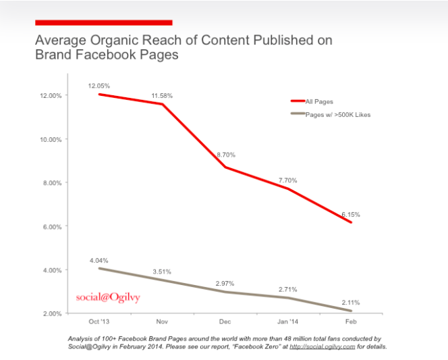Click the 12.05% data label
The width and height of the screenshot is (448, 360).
pos(99,86)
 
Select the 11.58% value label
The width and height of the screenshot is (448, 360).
pos(161,96)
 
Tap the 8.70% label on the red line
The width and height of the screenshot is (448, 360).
pos(226,155)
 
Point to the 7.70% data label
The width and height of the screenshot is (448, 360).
pos(287,180)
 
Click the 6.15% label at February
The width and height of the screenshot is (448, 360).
pos(349,214)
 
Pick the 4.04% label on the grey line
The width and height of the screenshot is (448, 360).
pos(99,260)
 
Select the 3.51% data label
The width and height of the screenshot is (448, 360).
pos(161,272)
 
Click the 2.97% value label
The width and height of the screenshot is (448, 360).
pos(226,282)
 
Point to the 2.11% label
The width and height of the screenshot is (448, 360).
pos(351,302)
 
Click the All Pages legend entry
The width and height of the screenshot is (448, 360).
pos(319,102)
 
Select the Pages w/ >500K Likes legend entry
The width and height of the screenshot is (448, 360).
pos(337,115)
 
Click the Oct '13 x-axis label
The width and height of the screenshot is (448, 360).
pos(99,322)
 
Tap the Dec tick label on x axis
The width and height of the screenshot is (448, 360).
pos(225,322)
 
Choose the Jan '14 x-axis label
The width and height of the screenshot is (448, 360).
pos(288,322)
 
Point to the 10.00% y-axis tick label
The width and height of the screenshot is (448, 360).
pos(51,139)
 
